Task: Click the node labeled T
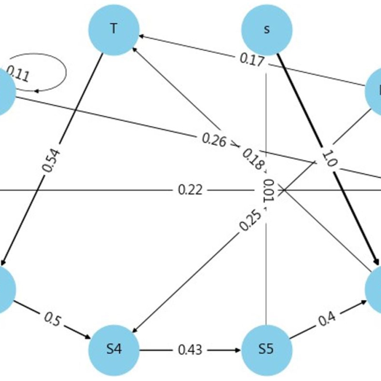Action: click(x=114, y=29)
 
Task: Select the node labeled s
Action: click(x=267, y=29)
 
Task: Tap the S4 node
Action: click(x=114, y=350)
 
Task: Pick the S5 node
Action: click(x=267, y=350)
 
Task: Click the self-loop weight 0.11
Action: click(x=19, y=76)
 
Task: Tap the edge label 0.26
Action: click(x=215, y=140)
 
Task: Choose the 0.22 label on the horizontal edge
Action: click(x=190, y=190)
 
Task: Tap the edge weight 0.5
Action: click(x=52, y=320)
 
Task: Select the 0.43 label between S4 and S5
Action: click(x=190, y=350)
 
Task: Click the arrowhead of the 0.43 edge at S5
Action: click(x=239, y=350)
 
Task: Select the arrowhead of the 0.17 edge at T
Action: click(x=141, y=37)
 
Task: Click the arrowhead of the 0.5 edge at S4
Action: click(x=89, y=338)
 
